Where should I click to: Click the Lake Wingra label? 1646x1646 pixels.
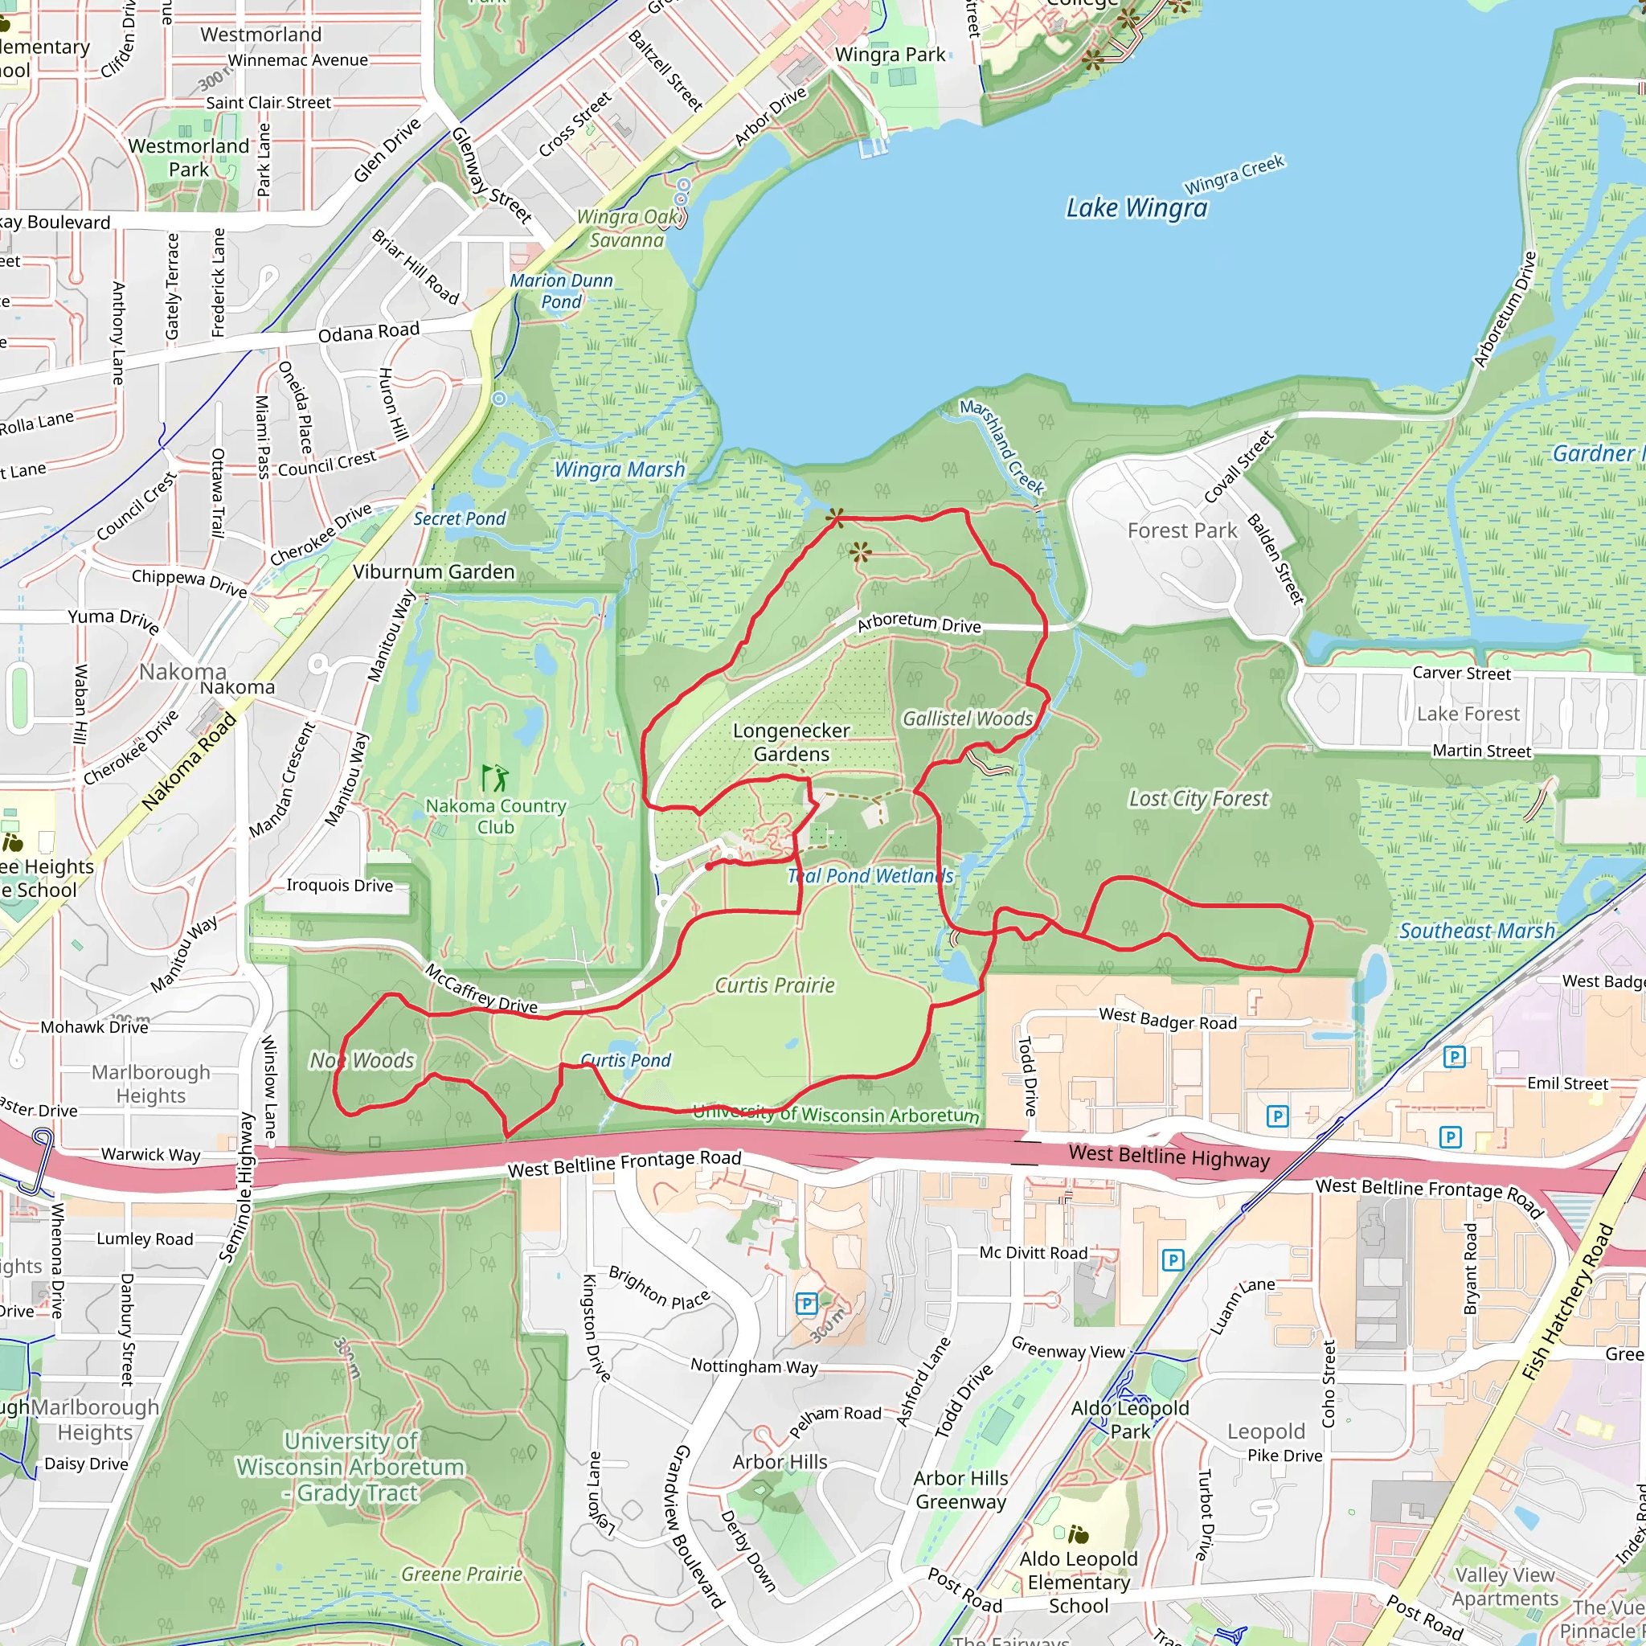1136,208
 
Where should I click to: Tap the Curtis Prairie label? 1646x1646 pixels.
775,985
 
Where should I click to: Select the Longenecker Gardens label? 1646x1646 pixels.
792,742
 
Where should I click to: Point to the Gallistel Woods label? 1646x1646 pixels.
967,719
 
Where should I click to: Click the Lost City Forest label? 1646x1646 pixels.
1198,799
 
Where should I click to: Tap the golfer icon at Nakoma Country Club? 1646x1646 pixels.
495,777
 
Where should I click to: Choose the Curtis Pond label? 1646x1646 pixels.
625,1061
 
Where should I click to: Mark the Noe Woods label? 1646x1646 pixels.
361,1061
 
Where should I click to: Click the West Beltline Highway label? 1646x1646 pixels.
1169,1157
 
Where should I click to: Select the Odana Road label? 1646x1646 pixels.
369,331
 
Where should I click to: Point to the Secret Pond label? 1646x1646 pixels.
459,519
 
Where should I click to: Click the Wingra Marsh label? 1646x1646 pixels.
620,469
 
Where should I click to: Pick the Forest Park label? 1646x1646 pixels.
1181,530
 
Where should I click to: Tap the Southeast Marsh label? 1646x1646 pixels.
1477,932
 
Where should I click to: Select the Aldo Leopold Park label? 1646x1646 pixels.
1130,1419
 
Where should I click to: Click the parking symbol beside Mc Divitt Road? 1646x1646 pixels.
1173,1260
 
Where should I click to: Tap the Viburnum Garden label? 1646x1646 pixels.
434,571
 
